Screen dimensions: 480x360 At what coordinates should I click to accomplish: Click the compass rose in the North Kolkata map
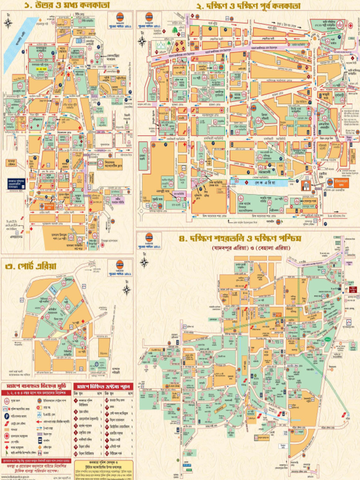pos(8,22)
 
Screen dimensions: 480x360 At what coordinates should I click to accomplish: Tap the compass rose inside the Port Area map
pos(127,289)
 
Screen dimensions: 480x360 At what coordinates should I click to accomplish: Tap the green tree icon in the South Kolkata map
pos(175,30)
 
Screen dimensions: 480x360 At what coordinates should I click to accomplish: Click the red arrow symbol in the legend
pos(8,423)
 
